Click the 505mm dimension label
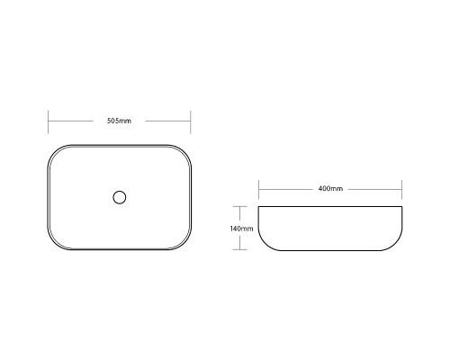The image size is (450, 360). click(x=119, y=121)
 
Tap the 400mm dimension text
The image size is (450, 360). click(x=330, y=189)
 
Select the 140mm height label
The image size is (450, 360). click(x=241, y=229)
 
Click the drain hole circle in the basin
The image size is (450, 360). click(x=120, y=197)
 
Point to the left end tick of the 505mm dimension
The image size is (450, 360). click(x=49, y=122)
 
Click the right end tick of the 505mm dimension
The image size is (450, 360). click(x=191, y=122)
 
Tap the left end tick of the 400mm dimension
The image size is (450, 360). click(x=259, y=189)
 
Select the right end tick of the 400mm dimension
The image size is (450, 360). click(x=401, y=189)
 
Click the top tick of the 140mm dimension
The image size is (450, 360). click(x=239, y=206)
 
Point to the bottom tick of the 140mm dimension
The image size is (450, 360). click(x=239, y=249)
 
